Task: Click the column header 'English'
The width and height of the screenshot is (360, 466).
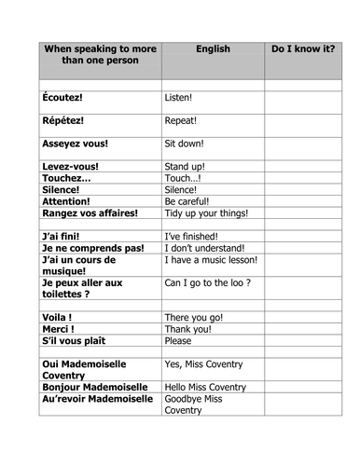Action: [x=212, y=47]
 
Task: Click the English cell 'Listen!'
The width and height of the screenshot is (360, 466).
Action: [x=178, y=97]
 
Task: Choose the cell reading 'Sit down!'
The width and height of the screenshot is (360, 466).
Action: [x=184, y=144]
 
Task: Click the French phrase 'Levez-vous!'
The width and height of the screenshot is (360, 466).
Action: [x=71, y=167]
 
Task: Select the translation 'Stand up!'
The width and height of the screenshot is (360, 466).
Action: [x=185, y=167]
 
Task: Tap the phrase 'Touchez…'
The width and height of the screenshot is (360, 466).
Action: [x=66, y=178]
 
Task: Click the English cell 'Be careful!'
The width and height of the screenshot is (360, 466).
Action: [x=187, y=201]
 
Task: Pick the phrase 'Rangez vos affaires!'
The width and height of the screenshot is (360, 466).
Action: [x=90, y=212]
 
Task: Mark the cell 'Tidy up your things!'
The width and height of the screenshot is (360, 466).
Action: [x=206, y=212]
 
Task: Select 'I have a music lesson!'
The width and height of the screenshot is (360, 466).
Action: [x=211, y=260]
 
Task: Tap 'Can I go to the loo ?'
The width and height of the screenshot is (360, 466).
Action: [x=207, y=282]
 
